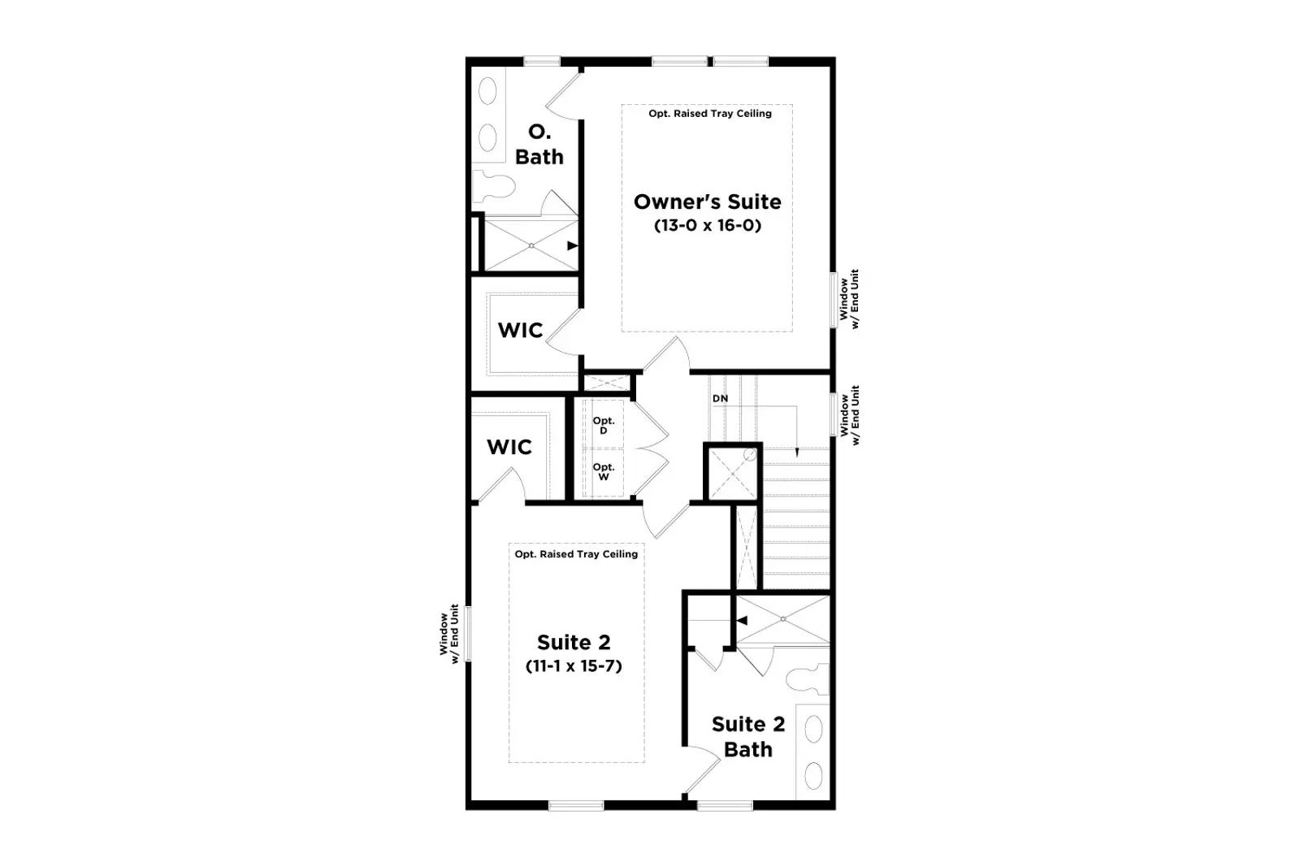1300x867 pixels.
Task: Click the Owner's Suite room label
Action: (x=707, y=202)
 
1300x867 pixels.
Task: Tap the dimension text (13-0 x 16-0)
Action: (x=708, y=225)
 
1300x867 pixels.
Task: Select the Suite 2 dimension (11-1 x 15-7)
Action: (x=574, y=665)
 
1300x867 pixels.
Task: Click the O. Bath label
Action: (x=539, y=145)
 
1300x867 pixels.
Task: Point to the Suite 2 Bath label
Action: (x=748, y=737)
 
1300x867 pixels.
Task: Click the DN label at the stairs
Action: (x=720, y=399)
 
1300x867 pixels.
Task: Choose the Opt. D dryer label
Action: (x=604, y=426)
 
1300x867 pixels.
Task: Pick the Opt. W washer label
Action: (x=604, y=472)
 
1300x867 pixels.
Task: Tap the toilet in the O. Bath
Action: (x=493, y=186)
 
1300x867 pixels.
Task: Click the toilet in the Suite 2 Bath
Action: (x=808, y=679)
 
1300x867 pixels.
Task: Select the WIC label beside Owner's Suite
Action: (x=521, y=330)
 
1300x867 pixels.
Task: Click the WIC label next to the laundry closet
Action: (x=509, y=447)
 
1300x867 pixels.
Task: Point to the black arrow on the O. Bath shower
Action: (x=573, y=245)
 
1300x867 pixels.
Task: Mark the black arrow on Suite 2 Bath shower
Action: (x=742, y=620)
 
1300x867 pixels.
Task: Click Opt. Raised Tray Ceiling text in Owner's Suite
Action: (x=710, y=114)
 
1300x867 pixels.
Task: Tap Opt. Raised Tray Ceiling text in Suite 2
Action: (x=576, y=554)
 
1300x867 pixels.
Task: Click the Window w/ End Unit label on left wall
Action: (x=449, y=634)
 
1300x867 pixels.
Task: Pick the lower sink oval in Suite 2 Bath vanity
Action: (x=813, y=776)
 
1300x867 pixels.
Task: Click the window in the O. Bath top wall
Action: (x=542, y=61)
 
